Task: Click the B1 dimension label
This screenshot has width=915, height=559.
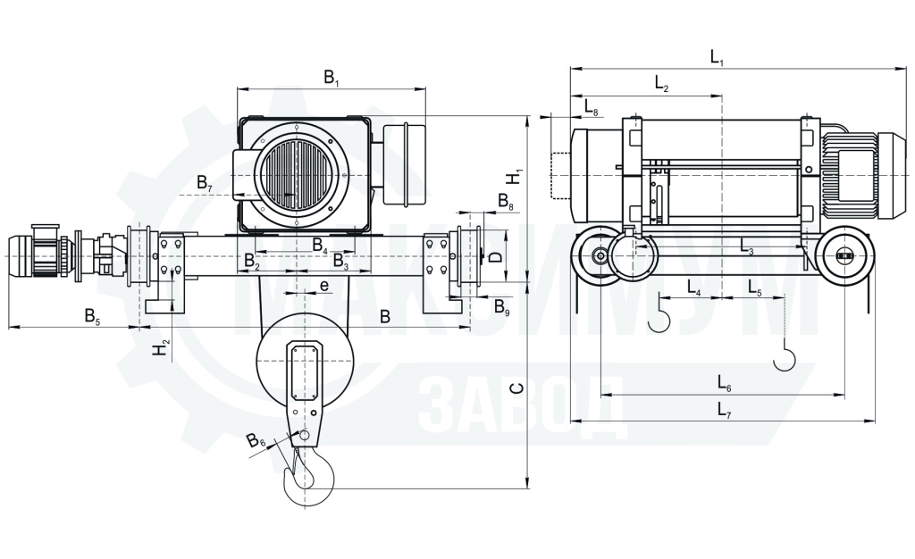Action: point(332,77)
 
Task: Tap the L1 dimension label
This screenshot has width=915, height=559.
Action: point(718,57)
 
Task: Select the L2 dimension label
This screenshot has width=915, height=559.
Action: point(662,84)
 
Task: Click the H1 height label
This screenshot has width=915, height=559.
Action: point(516,176)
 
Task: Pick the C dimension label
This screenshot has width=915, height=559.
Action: point(516,388)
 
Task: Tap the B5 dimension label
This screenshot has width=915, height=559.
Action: point(93,316)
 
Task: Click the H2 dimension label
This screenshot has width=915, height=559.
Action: point(162,348)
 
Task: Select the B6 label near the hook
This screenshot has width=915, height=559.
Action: point(256,440)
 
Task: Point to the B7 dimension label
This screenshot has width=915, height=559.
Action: point(205,183)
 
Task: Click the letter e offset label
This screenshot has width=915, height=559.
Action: point(324,286)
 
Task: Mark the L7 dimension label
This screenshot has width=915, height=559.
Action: point(725,410)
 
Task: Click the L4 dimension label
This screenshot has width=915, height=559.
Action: point(694,288)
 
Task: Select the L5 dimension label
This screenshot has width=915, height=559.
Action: point(755,288)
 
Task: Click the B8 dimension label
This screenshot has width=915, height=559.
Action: point(506,202)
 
